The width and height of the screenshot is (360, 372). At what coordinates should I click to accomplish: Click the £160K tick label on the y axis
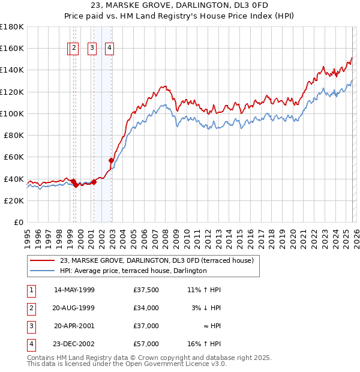click(x=12, y=48)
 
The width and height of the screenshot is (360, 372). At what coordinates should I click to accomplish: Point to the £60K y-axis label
click(x=14, y=157)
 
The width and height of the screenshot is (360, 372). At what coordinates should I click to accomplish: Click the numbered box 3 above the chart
click(x=92, y=49)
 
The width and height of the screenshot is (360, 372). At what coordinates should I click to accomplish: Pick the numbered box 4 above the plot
click(x=110, y=49)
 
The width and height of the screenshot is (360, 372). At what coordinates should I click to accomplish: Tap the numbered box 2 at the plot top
click(x=73, y=49)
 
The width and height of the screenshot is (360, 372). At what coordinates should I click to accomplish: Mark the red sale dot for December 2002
click(x=111, y=160)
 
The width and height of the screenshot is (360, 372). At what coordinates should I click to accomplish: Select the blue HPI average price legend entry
click(x=133, y=271)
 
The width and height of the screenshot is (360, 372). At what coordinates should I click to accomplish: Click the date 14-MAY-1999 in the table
click(x=74, y=290)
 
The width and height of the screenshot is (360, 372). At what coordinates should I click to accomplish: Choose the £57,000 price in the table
click(x=146, y=344)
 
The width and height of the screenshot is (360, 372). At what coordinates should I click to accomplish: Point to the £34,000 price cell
click(x=146, y=308)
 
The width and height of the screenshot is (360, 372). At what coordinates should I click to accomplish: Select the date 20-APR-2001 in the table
click(x=74, y=326)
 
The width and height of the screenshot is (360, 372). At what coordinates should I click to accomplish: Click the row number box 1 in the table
click(x=31, y=290)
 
